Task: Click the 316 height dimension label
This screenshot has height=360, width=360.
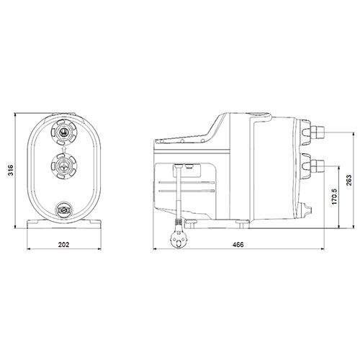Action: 11,171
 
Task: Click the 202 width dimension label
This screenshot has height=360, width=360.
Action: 64,245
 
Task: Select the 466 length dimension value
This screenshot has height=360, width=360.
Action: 238,245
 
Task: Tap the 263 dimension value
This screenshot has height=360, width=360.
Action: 349,180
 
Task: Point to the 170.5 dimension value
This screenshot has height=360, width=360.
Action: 335,197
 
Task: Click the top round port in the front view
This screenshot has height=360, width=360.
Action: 64,132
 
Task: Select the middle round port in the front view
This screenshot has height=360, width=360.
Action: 64,166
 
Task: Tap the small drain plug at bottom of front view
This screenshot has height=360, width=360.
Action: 64,210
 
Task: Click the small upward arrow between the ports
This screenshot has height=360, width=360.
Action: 64,149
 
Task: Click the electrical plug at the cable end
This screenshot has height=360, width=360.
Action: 178,239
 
